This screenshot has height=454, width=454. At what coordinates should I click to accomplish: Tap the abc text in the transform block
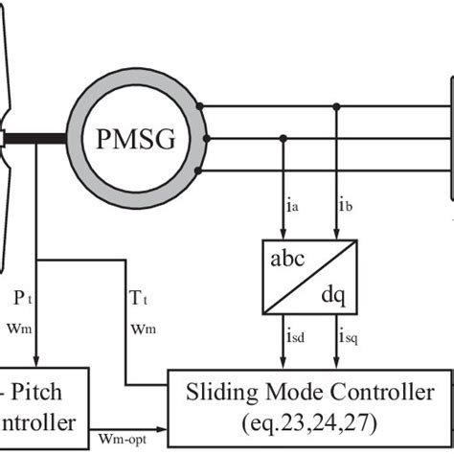(x=287, y=260)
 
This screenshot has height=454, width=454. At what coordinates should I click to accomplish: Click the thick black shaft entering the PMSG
(x=38, y=136)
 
